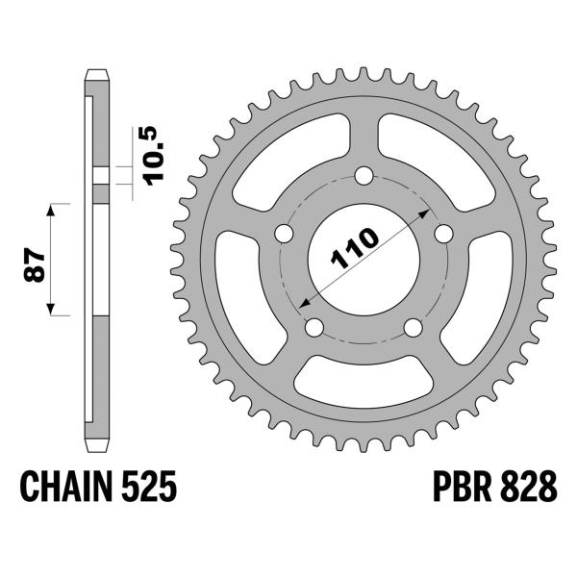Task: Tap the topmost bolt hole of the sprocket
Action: click(364, 176)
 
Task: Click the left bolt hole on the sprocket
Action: click(284, 235)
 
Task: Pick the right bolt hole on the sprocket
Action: click(443, 234)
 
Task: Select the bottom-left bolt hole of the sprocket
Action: click(314, 328)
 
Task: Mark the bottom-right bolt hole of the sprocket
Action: click(413, 328)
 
